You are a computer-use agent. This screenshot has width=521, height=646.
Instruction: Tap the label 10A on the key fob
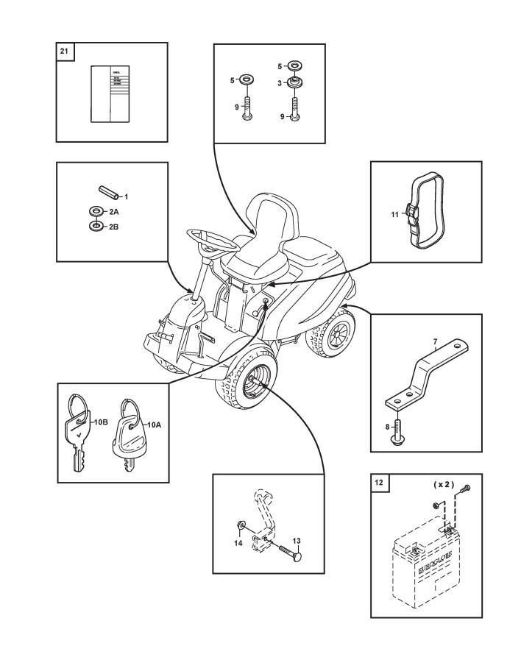coord(154,425)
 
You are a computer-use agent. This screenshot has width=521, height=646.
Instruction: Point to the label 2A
coord(114,211)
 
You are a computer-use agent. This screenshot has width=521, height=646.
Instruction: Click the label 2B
coord(114,227)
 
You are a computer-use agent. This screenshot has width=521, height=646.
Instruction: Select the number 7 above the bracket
coord(435,343)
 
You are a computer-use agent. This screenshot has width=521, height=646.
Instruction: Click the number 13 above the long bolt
coord(297,541)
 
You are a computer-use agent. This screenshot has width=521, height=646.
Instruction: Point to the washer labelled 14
coord(241,526)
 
